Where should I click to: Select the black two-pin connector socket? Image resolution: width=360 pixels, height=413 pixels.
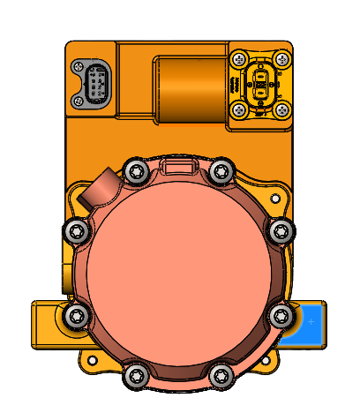259,86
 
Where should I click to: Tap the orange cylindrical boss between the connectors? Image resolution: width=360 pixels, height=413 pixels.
190,88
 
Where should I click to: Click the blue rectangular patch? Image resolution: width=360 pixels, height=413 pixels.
311,322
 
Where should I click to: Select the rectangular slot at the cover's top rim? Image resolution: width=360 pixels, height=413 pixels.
180,166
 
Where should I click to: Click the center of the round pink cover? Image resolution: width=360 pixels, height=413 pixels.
180,274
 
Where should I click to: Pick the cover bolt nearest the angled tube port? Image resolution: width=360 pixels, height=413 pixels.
135,171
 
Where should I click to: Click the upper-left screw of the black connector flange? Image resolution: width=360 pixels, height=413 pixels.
237,59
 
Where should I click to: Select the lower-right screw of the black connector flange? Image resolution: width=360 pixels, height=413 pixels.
281,109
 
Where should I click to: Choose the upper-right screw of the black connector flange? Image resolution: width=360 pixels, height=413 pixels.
281,59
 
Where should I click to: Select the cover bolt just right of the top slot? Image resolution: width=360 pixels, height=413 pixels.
221,171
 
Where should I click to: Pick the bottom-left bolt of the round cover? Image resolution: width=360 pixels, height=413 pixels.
135,375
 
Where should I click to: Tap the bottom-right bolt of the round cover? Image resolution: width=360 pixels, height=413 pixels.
221,375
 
